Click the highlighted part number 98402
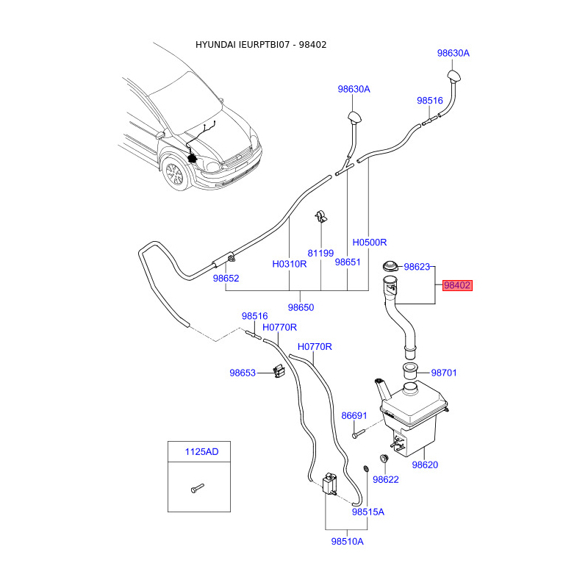click(x=456, y=286)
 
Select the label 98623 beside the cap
click(x=417, y=268)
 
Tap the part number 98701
click(x=444, y=373)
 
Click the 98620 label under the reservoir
click(x=425, y=465)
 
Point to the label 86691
click(x=354, y=416)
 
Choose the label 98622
click(x=385, y=480)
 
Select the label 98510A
click(x=347, y=542)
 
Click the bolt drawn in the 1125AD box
click(x=195, y=487)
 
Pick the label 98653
click(x=242, y=373)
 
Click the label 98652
click(x=226, y=279)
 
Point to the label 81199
click(x=320, y=253)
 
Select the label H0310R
click(x=289, y=263)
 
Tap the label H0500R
click(x=369, y=242)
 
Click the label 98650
click(x=301, y=307)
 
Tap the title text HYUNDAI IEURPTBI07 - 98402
click(x=261, y=45)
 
